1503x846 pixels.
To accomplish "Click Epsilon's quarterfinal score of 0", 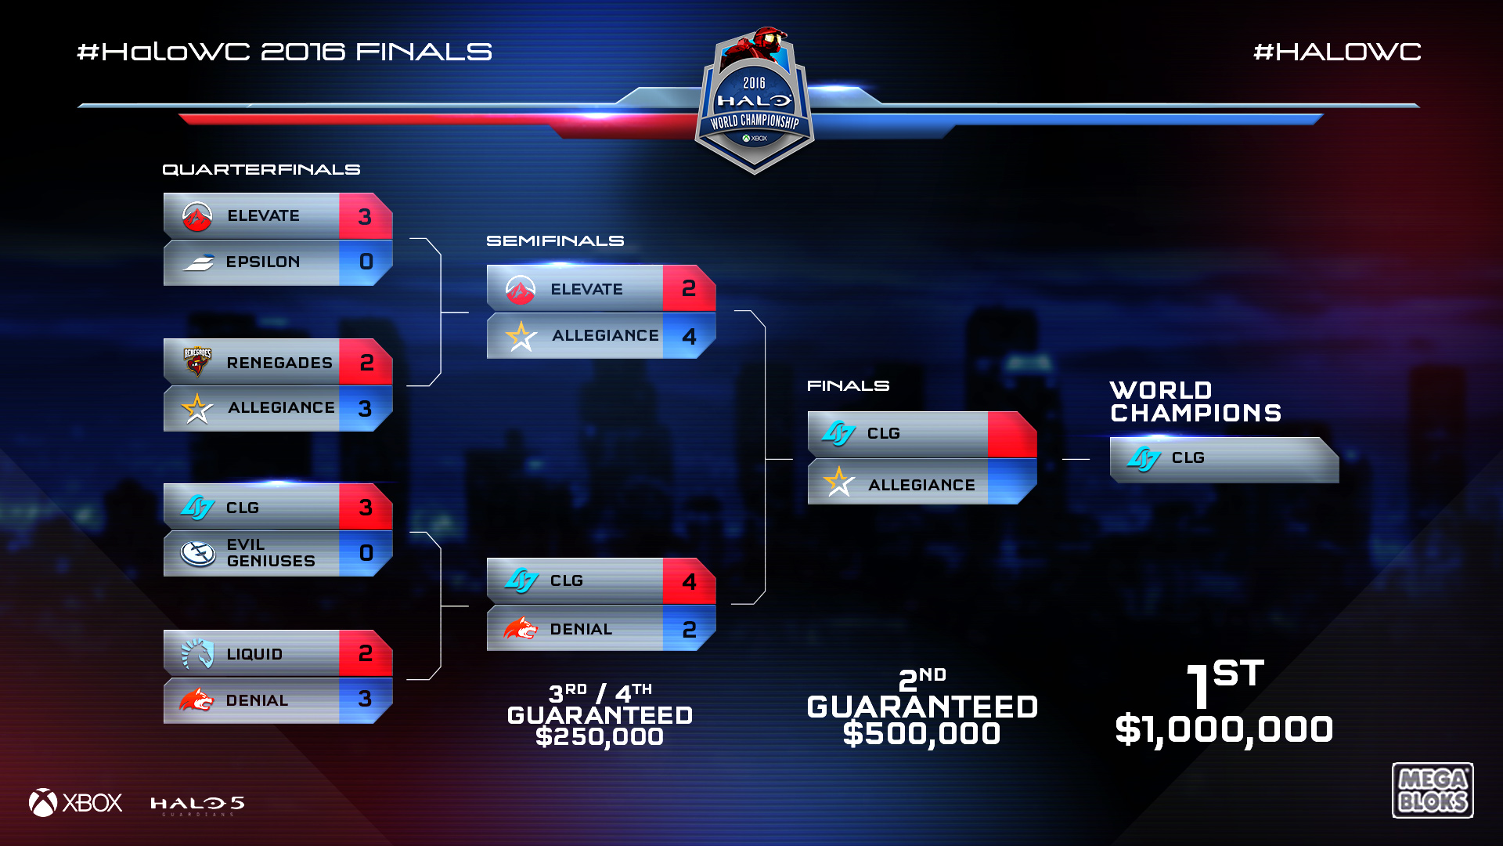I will coord(366,262).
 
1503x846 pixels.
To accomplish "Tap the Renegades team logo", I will coord(197,361).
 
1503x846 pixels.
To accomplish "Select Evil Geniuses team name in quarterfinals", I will coord(270,553).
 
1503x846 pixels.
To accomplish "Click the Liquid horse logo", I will coord(197,653).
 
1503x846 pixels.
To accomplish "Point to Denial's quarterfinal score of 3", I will coord(365,700).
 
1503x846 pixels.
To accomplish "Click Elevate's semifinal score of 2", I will coord(689,289).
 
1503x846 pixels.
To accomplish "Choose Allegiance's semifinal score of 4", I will coord(689,336).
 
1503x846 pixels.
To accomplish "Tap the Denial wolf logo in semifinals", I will coord(521,628).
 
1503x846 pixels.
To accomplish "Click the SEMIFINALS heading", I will coord(555,241).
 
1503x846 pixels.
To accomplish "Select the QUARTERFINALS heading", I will coord(261,170).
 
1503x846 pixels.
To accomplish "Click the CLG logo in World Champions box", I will coord(1144,458).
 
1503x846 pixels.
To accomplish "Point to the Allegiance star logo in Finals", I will coord(839,482).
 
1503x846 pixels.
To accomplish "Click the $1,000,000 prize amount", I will coord(1224,730).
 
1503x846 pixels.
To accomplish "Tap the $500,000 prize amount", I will coord(921,734).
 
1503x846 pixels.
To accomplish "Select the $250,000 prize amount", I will coord(600,737).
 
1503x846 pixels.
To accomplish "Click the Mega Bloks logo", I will coord(1432,790).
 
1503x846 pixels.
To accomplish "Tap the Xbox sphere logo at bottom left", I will coord(43,803).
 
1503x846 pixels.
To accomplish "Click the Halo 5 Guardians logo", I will coord(197,804).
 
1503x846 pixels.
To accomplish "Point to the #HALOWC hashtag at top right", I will coord(1337,52).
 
